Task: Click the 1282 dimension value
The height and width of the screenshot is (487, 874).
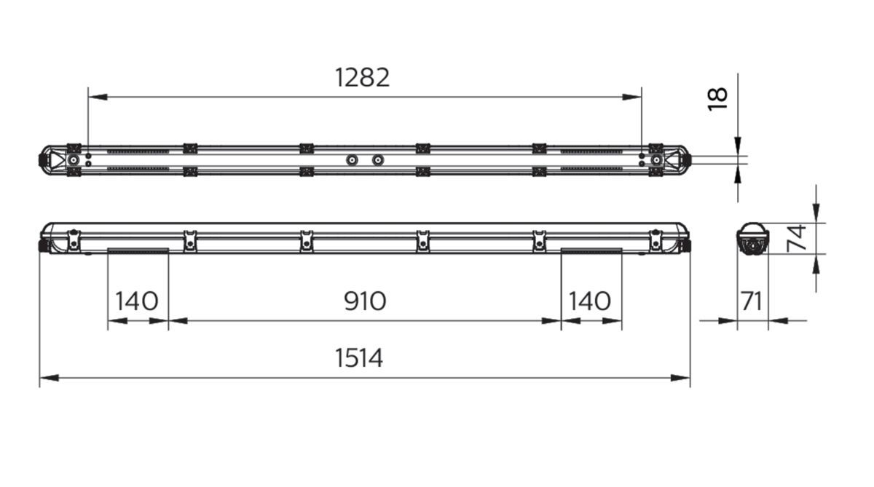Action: coord(362,77)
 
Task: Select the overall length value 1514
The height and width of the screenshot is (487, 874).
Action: coord(359,358)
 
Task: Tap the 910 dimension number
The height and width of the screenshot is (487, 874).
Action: coord(364,301)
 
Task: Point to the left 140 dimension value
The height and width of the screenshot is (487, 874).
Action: coord(136,301)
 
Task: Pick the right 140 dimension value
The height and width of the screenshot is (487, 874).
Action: coord(590,301)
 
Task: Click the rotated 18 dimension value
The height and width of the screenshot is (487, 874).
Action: coord(718,98)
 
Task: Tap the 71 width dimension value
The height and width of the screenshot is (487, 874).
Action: coord(751,301)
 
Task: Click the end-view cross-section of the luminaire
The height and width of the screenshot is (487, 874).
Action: coord(752,239)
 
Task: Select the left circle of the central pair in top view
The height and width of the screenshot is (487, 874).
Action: coord(351,159)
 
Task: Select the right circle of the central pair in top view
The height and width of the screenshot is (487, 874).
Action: coord(377,159)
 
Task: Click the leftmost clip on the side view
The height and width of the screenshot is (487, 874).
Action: coord(74,240)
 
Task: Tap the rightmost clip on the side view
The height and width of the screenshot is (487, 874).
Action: coord(655,240)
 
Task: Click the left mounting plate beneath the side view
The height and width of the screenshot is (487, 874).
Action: coord(138,251)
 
